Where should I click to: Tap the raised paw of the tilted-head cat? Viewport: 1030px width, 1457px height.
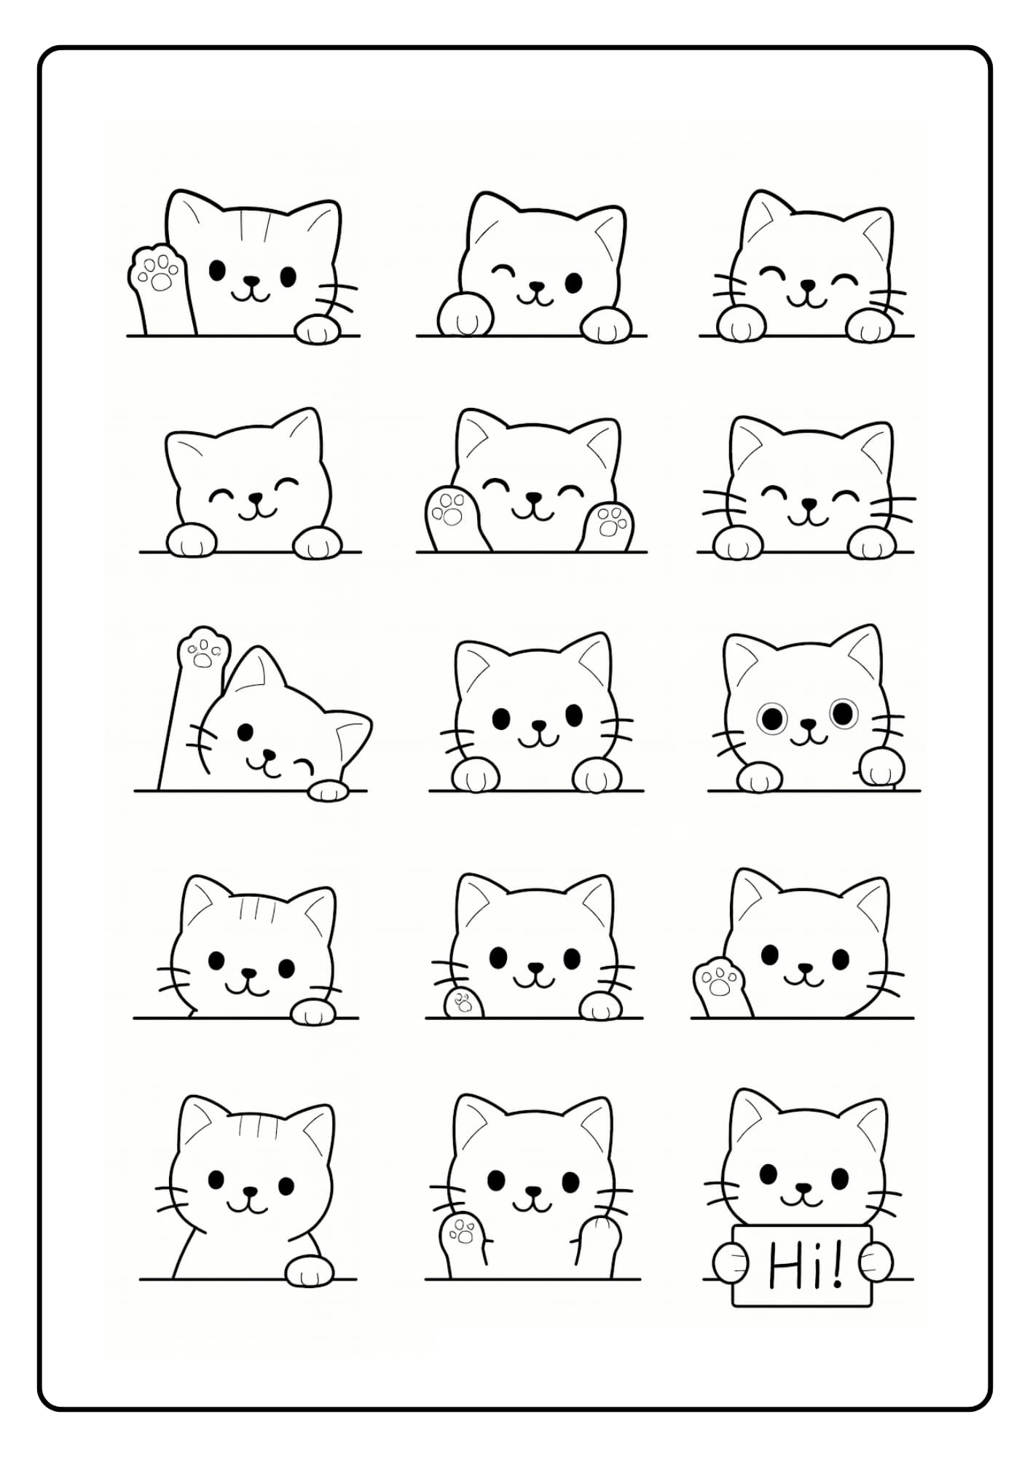click(x=203, y=647)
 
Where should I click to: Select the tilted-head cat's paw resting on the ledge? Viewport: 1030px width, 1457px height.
click(x=328, y=790)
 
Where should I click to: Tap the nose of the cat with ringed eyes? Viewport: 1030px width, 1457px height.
click(x=808, y=724)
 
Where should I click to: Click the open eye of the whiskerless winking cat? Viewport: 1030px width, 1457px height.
click(x=574, y=283)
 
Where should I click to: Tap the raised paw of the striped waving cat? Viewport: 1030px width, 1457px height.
click(x=155, y=270)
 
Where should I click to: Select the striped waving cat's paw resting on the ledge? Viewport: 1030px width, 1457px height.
click(x=318, y=329)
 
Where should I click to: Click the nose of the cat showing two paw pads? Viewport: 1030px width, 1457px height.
click(x=535, y=498)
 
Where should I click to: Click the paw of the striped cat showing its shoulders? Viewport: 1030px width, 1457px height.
click(x=310, y=1271)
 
